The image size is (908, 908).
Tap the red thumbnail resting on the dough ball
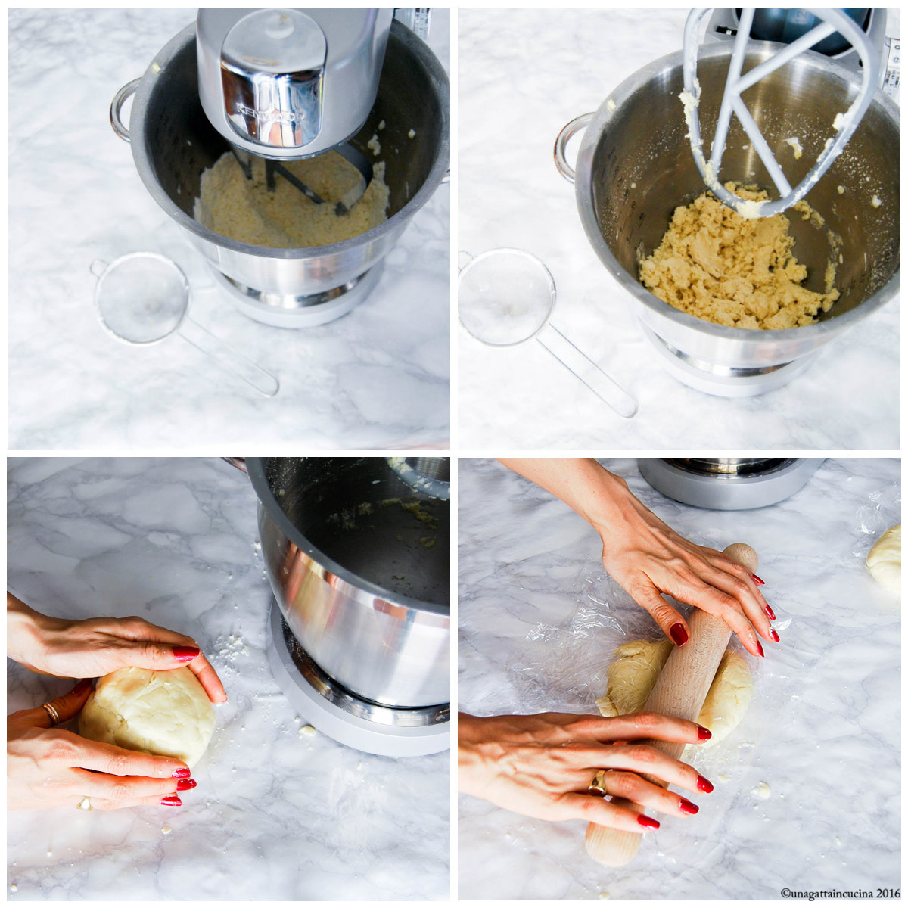[x=185, y=653]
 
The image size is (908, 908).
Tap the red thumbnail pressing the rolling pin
[x=679, y=634]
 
